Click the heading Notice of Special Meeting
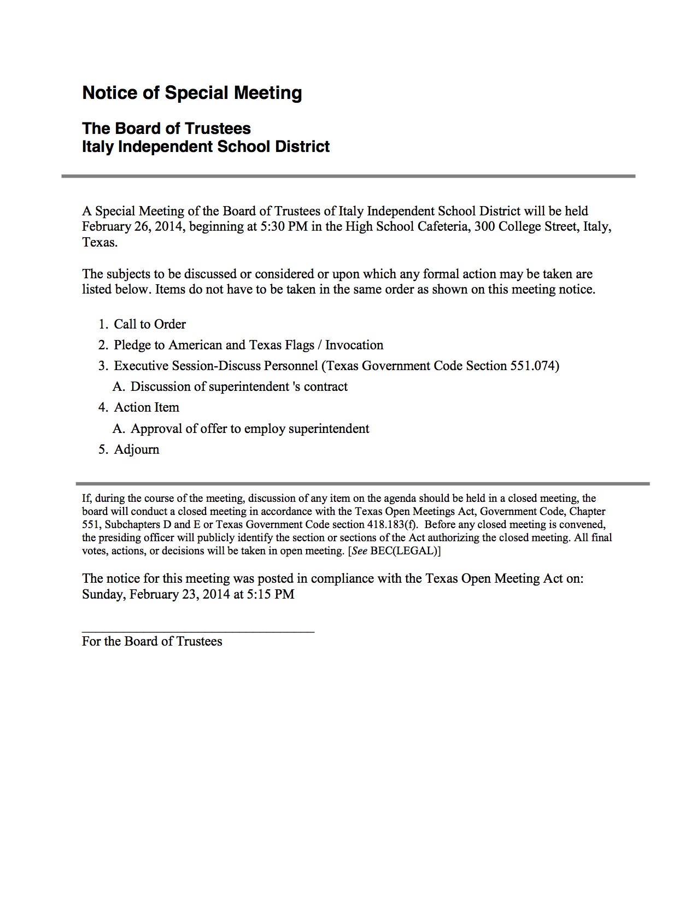(192, 93)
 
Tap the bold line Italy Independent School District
(206, 147)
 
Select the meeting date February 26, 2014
(132, 226)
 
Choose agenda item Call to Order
(149, 324)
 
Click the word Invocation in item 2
(354, 345)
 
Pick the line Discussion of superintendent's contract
(239, 386)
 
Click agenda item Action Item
(146, 407)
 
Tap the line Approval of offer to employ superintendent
(250, 429)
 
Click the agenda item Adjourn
(137, 449)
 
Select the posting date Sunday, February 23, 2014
(156, 594)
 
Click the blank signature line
(198, 631)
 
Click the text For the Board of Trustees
(152, 641)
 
